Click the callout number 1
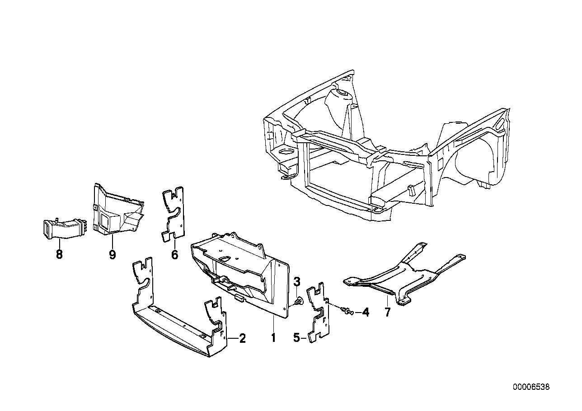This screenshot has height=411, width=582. (273, 337)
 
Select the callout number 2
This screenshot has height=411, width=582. (242, 338)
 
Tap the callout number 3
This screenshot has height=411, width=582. (297, 282)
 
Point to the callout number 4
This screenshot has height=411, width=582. (365, 312)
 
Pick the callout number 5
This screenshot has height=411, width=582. (297, 338)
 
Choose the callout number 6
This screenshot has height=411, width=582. (174, 255)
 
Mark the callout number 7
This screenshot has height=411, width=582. (387, 312)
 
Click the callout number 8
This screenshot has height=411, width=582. (59, 255)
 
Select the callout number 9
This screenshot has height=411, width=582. (113, 255)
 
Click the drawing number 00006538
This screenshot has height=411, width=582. (531, 387)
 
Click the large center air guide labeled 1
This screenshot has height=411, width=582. (239, 271)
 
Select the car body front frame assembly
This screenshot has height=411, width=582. (384, 149)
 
